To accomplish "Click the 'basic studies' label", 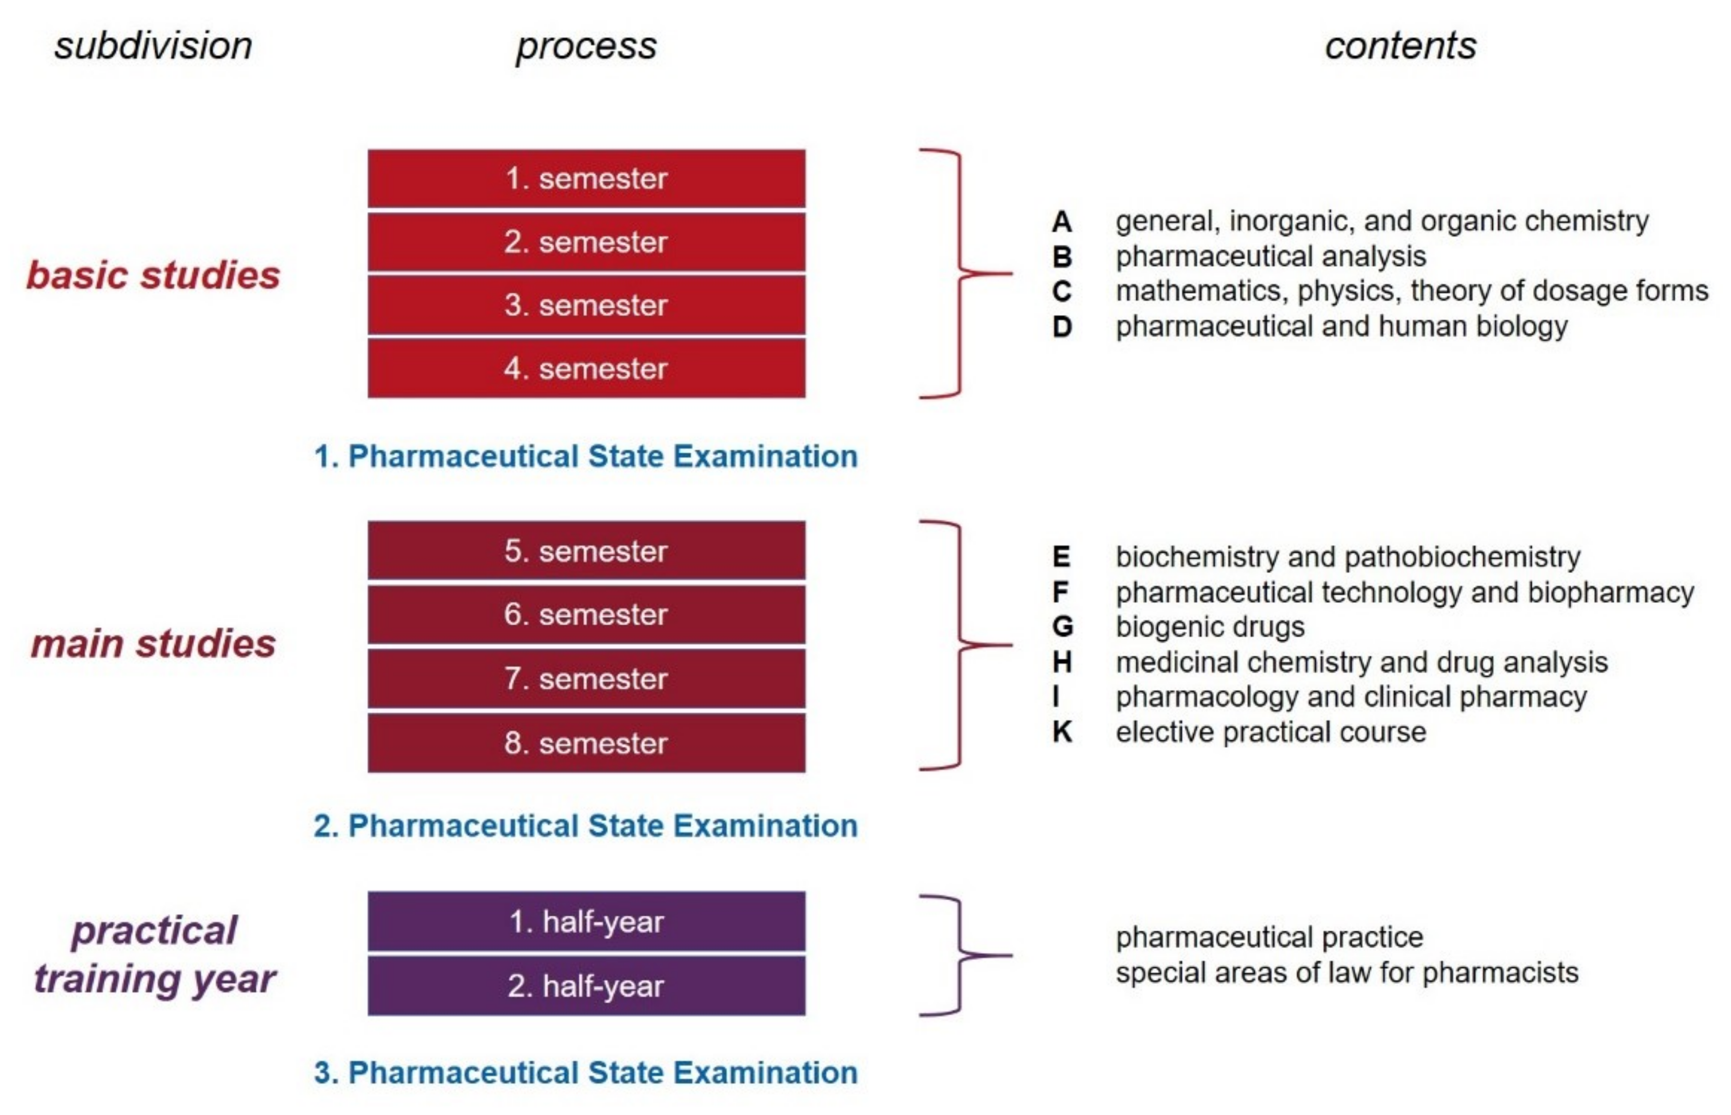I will [153, 275].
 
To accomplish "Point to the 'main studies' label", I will [153, 644].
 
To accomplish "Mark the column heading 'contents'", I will [1400, 46].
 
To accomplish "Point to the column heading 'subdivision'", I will [153, 46].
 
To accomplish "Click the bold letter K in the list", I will [1062, 732].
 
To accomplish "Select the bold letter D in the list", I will [1062, 327].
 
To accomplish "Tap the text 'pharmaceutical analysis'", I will [1270, 256].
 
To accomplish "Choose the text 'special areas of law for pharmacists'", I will [1346, 972].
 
